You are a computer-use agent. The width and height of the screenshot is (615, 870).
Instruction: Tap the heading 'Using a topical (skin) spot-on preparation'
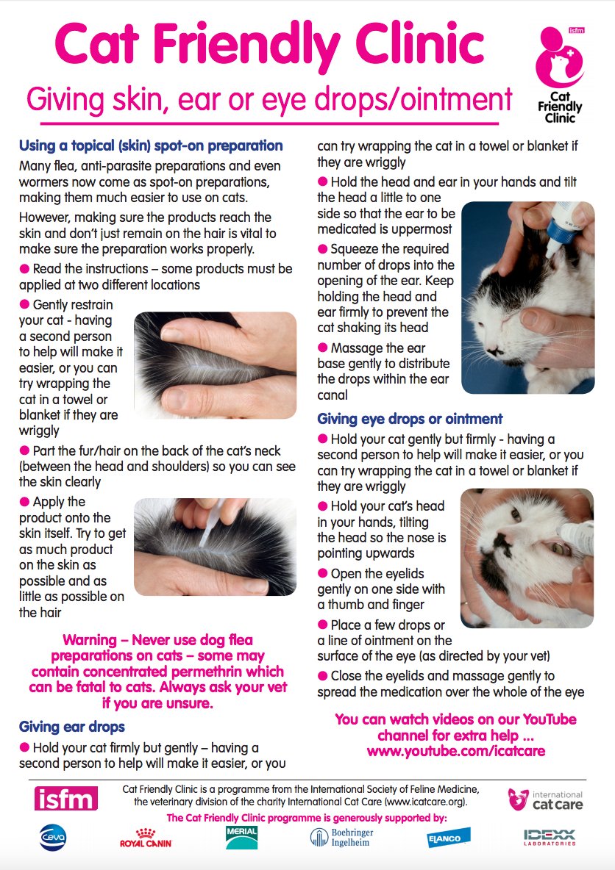pos(151,145)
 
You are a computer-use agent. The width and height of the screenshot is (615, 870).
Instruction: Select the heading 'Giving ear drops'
pos(71,727)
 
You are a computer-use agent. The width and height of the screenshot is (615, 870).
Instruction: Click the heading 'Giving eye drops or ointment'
pos(410,419)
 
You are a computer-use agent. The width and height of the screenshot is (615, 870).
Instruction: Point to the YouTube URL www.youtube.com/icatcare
pos(455,752)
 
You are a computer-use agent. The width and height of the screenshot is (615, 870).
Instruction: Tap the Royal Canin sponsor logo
pos(145,837)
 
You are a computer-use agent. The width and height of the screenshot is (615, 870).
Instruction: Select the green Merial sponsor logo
pos(242,837)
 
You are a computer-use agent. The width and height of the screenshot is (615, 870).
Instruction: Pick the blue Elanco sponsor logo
pos(449,838)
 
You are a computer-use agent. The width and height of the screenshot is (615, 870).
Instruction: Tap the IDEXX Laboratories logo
pos(549,838)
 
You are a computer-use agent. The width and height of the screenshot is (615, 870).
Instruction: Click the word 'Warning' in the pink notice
pos(90,640)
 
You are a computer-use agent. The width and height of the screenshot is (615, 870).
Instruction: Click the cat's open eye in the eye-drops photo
pos(560,547)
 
